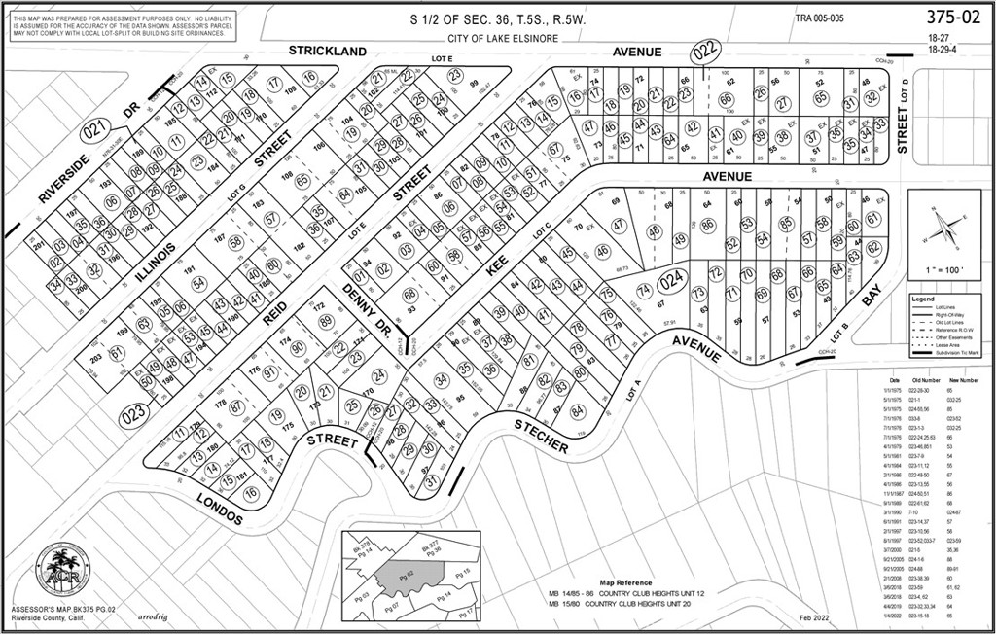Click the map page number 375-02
953,18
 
